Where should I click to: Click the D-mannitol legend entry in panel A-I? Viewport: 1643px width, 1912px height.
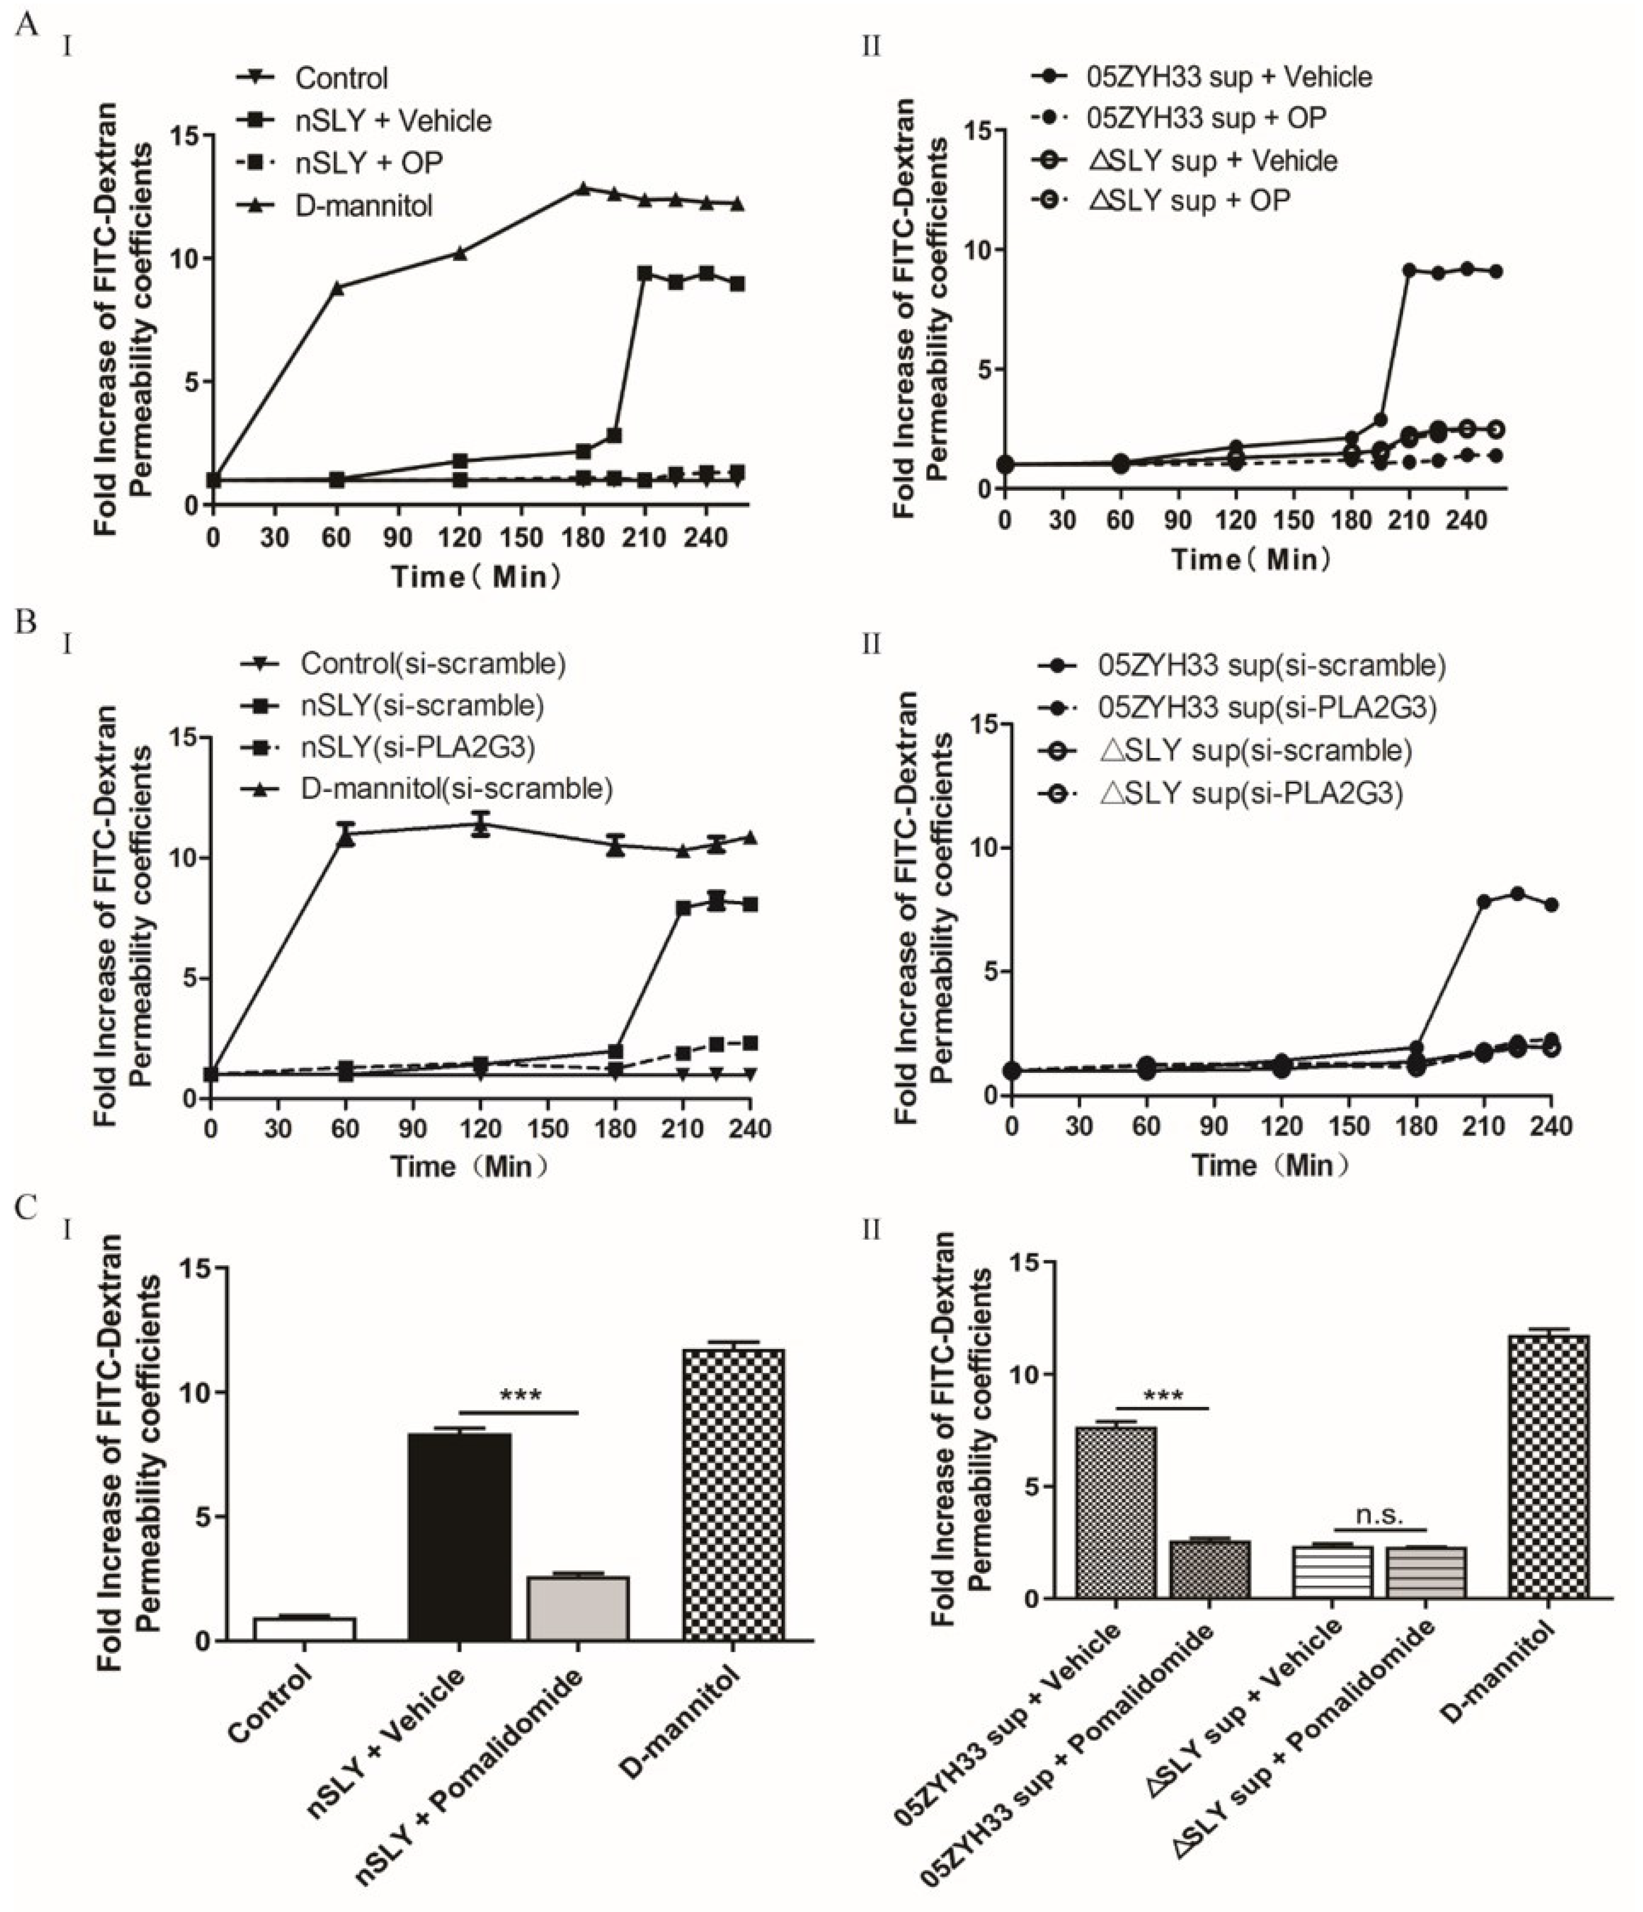tap(363, 205)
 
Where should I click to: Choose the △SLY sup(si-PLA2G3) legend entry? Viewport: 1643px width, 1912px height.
tap(1251, 792)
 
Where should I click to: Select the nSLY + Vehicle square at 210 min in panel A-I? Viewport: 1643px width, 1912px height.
tap(644, 274)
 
